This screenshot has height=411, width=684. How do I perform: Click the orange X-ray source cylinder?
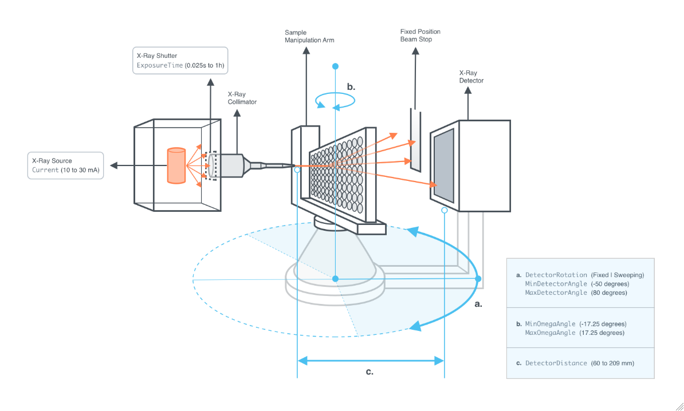[176, 165]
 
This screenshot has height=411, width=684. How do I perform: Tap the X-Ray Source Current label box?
[66, 165]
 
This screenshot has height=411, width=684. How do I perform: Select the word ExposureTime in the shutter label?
[160, 65]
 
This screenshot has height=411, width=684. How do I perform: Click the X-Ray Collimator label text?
[242, 98]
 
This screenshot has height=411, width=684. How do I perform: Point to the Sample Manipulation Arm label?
[309, 36]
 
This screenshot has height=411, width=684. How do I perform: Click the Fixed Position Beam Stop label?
[420, 35]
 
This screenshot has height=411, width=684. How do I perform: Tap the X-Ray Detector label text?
[471, 77]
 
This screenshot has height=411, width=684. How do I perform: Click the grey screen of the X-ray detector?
[445, 164]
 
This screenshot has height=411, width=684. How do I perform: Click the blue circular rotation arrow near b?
[336, 101]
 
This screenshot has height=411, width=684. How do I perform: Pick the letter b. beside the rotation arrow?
[351, 87]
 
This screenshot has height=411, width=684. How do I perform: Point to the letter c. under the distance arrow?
[369, 372]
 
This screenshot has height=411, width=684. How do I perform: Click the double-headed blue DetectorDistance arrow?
[371, 360]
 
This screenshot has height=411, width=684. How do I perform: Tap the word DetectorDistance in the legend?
[556, 363]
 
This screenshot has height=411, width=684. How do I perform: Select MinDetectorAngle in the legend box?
[556, 284]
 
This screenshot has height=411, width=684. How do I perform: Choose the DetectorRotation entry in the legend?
[556, 275]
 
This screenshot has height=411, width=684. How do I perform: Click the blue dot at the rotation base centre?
[336, 278]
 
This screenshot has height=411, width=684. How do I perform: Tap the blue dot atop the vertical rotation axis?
[336, 66]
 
